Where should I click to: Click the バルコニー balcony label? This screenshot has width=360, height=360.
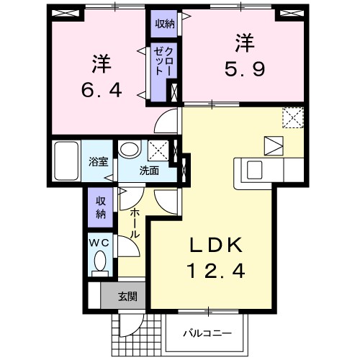pos(207,333)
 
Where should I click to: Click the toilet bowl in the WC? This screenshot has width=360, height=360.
pos(101,261)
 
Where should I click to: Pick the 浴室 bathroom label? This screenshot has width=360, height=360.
pos(99,162)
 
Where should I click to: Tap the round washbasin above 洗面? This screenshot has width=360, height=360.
pos(130,150)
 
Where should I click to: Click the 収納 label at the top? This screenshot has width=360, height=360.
pos(163,23)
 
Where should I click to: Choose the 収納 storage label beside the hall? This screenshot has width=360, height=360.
pos(100,206)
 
